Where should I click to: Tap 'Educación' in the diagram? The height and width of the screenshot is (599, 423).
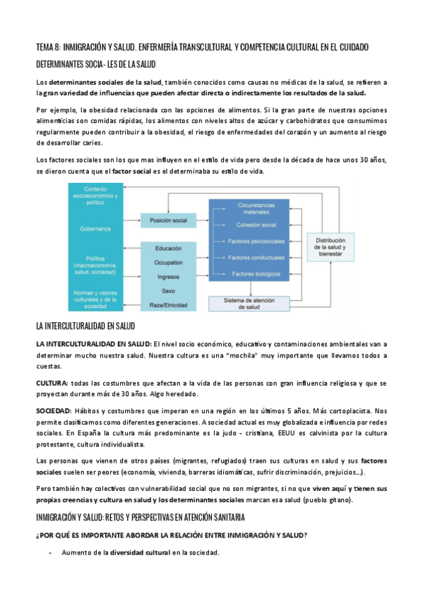point(168,249)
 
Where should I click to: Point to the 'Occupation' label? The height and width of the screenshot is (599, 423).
point(168,262)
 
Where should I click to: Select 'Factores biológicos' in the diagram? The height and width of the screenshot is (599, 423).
point(254,273)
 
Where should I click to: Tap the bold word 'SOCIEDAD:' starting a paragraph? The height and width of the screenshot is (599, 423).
point(55,410)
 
